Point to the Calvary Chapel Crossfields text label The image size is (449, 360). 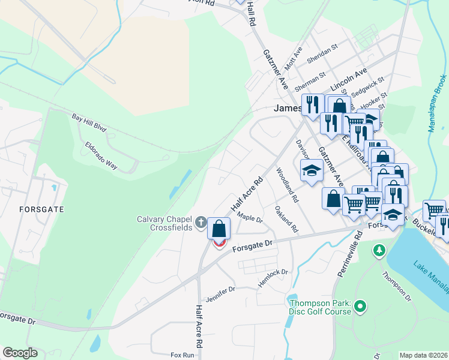coord(164,223)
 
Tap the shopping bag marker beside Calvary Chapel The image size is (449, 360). coord(219,229)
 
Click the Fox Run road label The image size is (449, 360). coord(182,355)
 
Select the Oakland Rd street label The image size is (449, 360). coord(286,219)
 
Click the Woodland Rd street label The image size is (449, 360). coord(287,185)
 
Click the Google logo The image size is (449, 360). coord(20,353)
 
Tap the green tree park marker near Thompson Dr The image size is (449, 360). coord(379,249)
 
